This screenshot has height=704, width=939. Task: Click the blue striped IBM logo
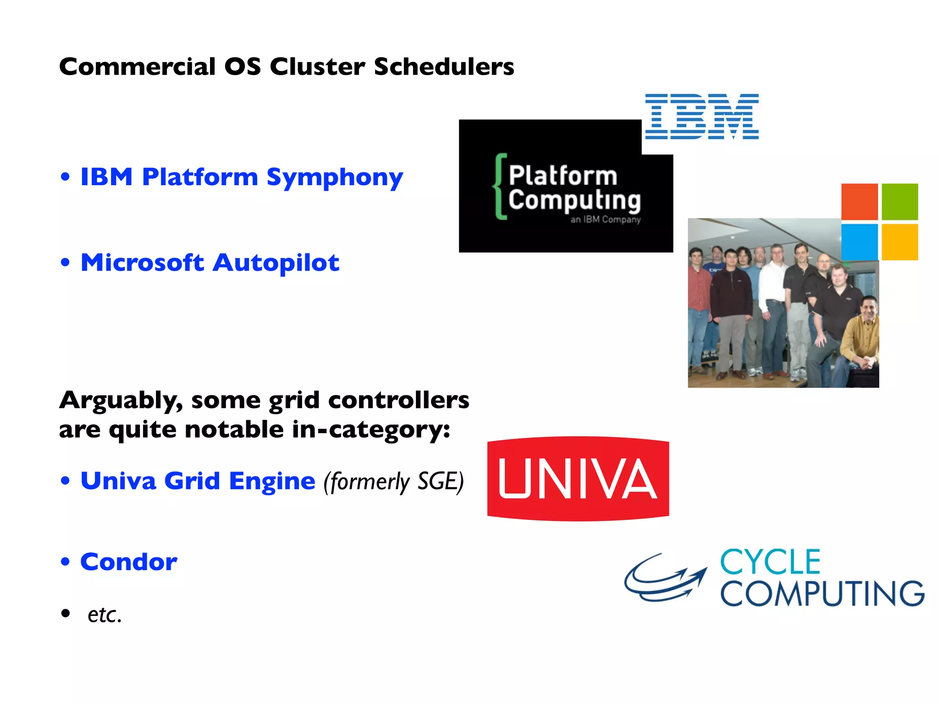coord(701,116)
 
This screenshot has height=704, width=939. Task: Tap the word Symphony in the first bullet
coord(335,178)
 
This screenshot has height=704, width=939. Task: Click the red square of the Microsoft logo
coord(859,202)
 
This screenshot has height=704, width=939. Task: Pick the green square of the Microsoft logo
coord(900,202)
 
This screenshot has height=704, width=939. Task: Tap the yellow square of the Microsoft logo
coord(900,242)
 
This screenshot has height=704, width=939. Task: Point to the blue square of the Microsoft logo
coord(859,242)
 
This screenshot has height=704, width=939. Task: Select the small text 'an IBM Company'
coord(605,220)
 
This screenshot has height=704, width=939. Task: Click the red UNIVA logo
coord(578,478)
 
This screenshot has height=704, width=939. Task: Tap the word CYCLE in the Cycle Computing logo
coord(770,562)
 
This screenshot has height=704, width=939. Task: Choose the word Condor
coord(129,562)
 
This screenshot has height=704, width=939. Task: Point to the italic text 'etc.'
coord(105,615)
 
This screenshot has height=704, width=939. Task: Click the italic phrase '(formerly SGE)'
coord(393,482)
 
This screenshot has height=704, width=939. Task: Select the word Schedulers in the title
coord(444,67)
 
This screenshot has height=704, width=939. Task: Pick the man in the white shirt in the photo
coord(775,293)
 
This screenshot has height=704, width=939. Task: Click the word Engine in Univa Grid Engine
coord(272,482)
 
